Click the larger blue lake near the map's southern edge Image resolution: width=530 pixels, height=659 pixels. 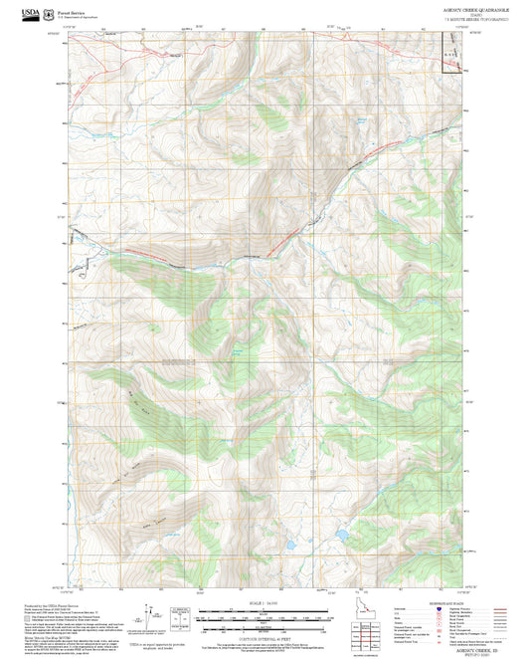click(341, 535)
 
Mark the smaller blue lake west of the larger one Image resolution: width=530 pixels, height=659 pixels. click(291, 546)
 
